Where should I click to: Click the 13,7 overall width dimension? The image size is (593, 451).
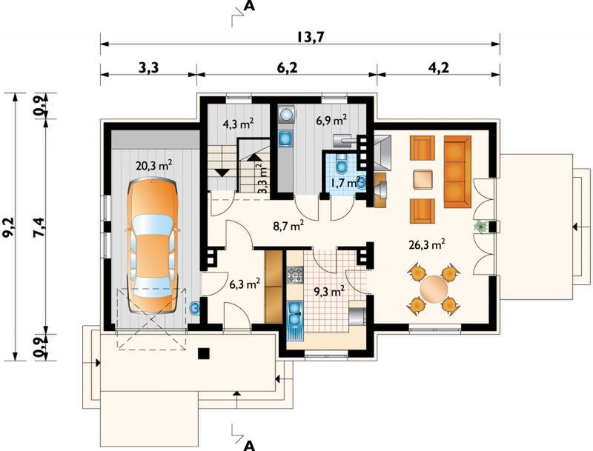305,37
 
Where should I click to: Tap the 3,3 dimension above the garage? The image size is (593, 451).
149,68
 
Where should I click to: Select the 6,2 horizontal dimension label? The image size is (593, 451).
288,68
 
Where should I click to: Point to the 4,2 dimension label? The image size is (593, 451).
439,68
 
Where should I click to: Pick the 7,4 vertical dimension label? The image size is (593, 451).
39,227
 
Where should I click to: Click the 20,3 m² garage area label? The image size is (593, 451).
154,165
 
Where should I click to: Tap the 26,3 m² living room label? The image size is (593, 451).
427,245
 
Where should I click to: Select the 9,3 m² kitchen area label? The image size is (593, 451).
329,291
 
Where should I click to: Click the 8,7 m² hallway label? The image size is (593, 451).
288,227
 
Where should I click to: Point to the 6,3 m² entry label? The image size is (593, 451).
245,283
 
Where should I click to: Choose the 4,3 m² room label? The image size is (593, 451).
237,124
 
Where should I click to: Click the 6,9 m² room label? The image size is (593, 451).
331,121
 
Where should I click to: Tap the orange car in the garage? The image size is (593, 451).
152,247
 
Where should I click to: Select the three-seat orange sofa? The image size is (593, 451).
457,172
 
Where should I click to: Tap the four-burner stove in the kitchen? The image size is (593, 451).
295,275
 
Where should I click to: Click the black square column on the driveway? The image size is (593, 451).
204,353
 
